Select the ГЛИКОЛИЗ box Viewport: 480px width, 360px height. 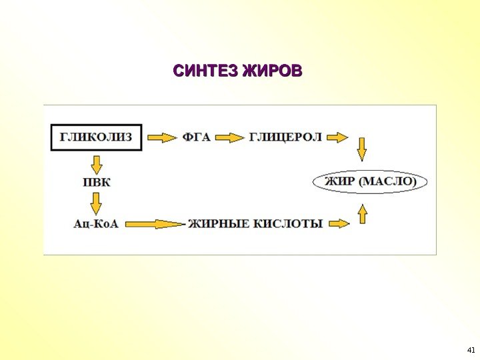pyautogui.click(x=96, y=137)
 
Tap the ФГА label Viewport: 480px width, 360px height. pyautogui.click(x=196, y=137)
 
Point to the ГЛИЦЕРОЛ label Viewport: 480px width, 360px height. pyautogui.click(x=285, y=137)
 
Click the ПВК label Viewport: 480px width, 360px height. pyautogui.click(x=96, y=181)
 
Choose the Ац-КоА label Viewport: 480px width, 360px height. pyautogui.click(x=96, y=224)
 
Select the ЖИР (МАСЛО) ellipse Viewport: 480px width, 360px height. pyautogui.click(x=370, y=181)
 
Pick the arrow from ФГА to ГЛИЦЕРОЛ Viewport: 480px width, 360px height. pyautogui.click(x=231, y=137)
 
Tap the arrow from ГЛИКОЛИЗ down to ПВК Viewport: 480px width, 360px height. pyautogui.click(x=96, y=163)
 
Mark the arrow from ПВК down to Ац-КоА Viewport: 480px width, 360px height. pyautogui.click(x=96, y=202)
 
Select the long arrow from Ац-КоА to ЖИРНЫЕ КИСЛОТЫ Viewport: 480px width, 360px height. pyautogui.click(x=154, y=224)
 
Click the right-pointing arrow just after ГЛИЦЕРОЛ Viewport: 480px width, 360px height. pyautogui.click(x=338, y=137)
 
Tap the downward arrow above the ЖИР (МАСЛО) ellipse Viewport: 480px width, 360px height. pyautogui.click(x=362, y=149)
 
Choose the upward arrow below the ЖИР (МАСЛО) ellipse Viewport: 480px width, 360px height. pyautogui.click(x=362, y=213)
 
